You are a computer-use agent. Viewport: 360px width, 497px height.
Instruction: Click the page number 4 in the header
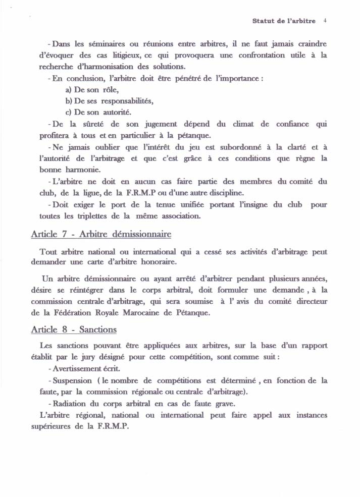(325, 21)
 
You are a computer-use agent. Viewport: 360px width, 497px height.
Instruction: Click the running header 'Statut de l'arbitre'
(284, 21)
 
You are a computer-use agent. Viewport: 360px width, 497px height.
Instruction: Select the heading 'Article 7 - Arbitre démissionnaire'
(101, 234)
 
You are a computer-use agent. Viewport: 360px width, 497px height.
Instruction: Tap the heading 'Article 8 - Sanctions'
(74, 329)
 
